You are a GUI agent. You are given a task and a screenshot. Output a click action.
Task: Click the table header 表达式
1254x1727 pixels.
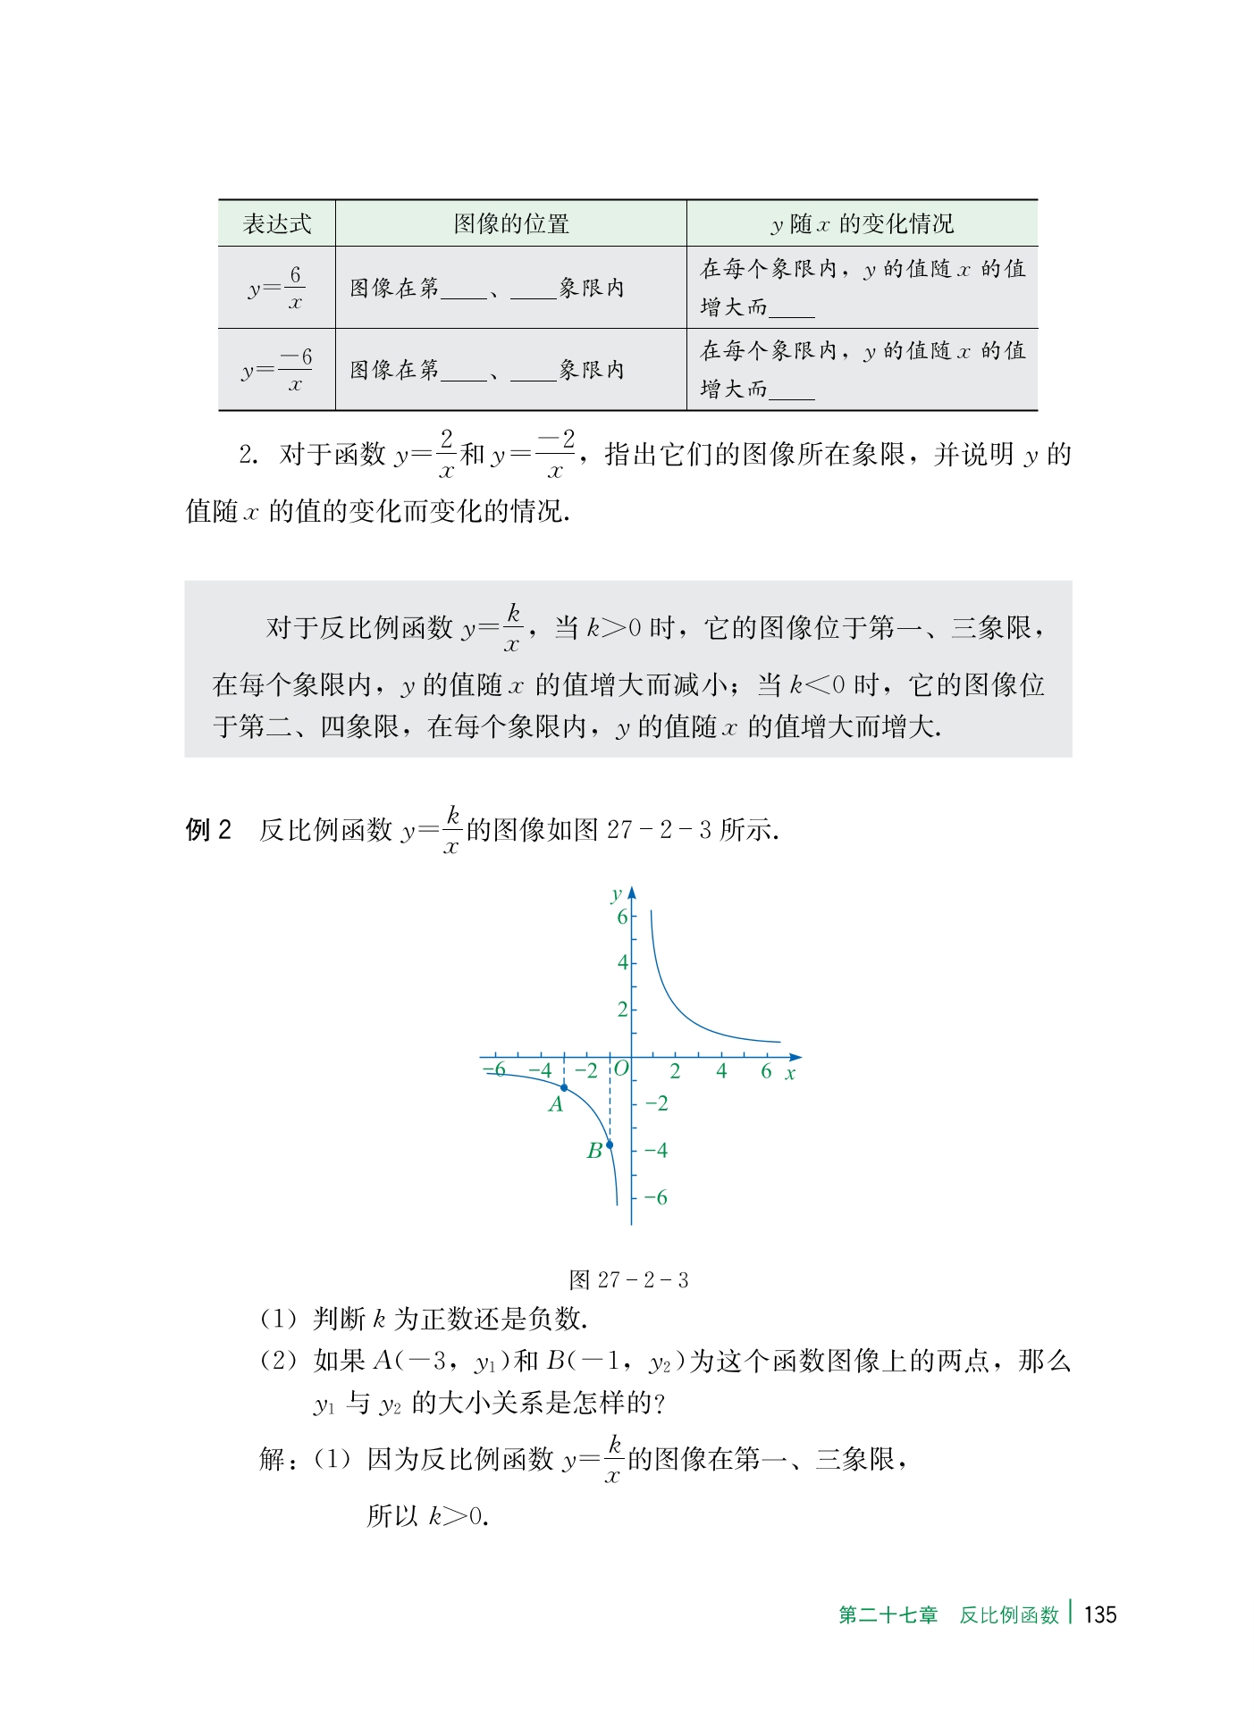tap(277, 223)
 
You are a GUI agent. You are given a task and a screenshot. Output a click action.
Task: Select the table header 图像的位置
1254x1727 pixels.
tap(511, 223)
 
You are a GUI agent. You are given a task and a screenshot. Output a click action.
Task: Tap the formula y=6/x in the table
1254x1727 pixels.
tap(277, 288)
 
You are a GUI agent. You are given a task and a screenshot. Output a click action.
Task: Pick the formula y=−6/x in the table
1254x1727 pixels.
tap(277, 370)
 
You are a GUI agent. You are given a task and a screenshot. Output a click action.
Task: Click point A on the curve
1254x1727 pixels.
tap(564, 1086)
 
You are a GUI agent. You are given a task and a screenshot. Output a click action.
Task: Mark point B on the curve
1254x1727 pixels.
tap(610, 1144)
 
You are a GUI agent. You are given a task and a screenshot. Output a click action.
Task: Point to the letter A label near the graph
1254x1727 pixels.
tap(556, 1105)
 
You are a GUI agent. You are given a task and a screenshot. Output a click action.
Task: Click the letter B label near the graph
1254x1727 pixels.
tap(593, 1152)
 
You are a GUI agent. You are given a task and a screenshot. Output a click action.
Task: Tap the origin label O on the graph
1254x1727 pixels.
tap(621, 1069)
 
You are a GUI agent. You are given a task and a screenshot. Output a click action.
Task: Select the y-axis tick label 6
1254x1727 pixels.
tap(622, 917)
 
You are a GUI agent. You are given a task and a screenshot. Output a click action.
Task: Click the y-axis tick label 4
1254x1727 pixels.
tap(622, 963)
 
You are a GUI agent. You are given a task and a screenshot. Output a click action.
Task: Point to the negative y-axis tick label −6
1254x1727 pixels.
tap(656, 1197)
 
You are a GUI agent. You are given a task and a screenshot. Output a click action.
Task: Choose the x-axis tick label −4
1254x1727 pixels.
tap(540, 1070)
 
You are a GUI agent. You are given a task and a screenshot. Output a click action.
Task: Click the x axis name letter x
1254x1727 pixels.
tap(790, 1074)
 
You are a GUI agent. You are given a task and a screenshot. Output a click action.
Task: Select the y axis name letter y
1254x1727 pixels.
tap(616, 894)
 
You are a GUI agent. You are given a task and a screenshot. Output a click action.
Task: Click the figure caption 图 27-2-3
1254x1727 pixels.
tap(628, 1280)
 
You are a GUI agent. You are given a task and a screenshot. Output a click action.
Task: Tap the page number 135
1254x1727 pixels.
tap(1099, 1614)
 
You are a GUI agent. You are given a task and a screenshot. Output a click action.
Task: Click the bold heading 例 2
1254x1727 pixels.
tap(208, 830)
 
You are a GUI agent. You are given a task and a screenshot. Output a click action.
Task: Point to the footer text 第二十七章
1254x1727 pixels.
tap(888, 1615)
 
